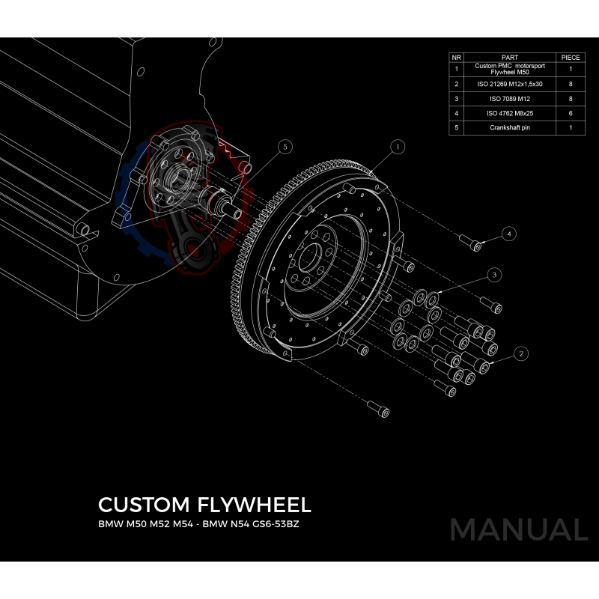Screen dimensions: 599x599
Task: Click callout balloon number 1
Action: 398,145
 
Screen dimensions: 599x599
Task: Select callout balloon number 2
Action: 522,352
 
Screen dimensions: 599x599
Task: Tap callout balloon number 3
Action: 494,275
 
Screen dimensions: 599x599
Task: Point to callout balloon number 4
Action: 509,234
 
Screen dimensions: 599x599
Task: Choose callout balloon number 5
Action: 285,147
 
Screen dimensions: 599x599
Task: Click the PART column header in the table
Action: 509,57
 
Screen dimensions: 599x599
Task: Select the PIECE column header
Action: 571,57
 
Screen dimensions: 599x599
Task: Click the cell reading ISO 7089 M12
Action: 509,99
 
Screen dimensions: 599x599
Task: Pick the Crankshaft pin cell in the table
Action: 509,128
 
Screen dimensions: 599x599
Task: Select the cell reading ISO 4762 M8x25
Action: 509,114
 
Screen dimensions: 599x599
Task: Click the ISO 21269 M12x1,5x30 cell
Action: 509,84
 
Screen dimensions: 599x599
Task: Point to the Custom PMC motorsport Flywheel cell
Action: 509,69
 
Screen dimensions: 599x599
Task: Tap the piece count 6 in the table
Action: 571,114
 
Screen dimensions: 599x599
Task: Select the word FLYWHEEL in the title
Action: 258,504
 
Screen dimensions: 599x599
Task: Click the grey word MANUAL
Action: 518,529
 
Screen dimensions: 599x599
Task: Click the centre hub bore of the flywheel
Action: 308,257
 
